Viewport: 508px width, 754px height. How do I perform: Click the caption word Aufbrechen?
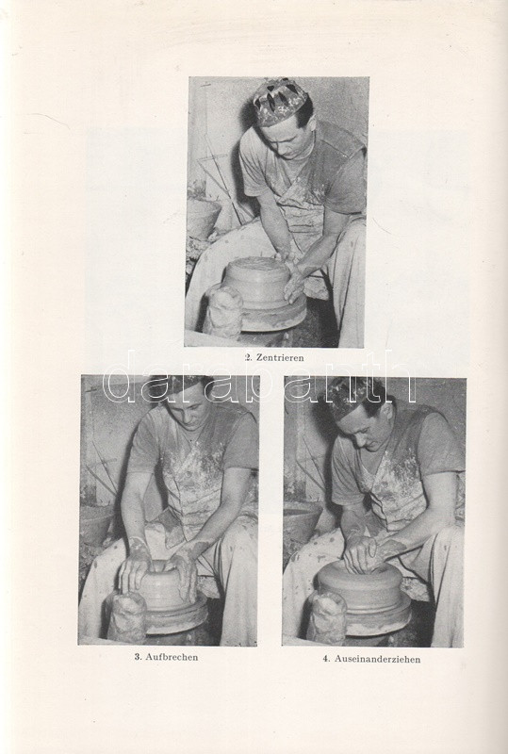pyautogui.click(x=172, y=657)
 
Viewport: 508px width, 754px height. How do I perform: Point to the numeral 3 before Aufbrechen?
pyautogui.click(x=137, y=657)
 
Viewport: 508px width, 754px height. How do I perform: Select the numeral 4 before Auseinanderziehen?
pyautogui.click(x=326, y=659)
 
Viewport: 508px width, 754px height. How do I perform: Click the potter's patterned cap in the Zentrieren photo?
pyautogui.click(x=280, y=101)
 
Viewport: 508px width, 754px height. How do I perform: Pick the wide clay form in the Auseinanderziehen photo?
pyautogui.click(x=361, y=585)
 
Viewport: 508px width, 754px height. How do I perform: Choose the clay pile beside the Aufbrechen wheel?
pyautogui.click(x=126, y=617)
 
